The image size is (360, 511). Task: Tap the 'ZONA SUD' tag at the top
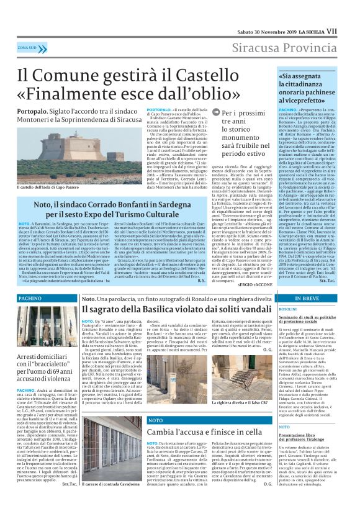pyautogui.click(x=27, y=47)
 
